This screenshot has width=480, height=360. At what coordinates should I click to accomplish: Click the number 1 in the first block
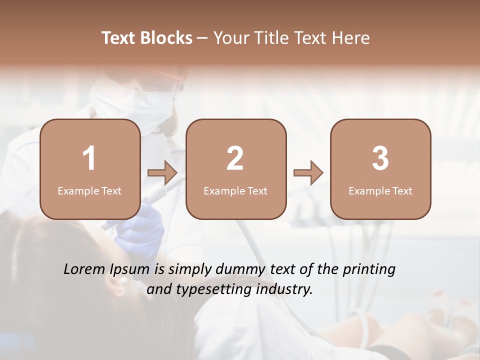[89, 158]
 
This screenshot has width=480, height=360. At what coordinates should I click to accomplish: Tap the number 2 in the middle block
[235, 158]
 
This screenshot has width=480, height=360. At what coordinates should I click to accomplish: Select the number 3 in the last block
[380, 158]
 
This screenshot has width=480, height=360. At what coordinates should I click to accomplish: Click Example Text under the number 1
[89, 191]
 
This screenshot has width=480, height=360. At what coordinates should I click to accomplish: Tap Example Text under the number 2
[235, 191]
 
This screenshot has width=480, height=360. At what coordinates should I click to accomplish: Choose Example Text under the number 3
[380, 191]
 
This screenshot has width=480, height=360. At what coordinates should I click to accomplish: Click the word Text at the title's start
[118, 38]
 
